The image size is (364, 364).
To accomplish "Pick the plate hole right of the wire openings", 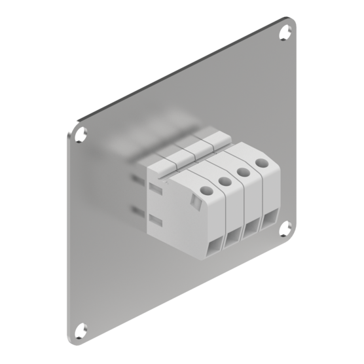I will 285,228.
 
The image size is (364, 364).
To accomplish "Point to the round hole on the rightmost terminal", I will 261,162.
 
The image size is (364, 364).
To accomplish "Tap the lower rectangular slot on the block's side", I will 155,219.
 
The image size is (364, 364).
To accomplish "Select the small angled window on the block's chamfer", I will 195,205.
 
